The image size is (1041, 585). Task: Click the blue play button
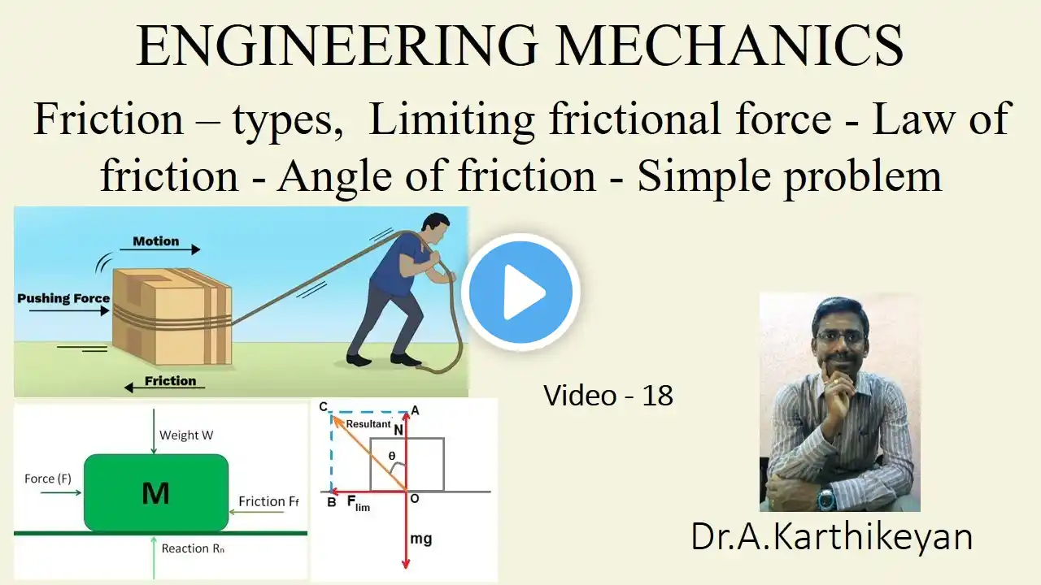point(520,292)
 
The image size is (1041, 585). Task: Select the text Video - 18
point(608,396)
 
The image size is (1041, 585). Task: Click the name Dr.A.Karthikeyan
point(831,537)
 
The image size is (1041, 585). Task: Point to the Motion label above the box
point(155,241)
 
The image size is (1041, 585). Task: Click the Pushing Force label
point(63,298)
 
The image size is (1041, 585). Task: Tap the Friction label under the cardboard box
point(170,381)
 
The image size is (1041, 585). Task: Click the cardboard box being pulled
point(172,316)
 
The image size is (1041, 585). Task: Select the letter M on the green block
point(155,493)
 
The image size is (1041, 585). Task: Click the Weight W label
point(186,435)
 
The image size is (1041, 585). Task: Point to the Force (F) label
point(48,479)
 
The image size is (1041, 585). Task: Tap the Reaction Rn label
point(193,548)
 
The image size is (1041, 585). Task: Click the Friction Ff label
point(268,501)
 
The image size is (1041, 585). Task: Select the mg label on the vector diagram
point(421,539)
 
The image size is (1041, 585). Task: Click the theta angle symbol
point(392,456)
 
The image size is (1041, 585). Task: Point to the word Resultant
point(368,424)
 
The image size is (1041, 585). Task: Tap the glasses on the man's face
point(841,336)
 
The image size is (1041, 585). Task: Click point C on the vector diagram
point(324,407)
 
